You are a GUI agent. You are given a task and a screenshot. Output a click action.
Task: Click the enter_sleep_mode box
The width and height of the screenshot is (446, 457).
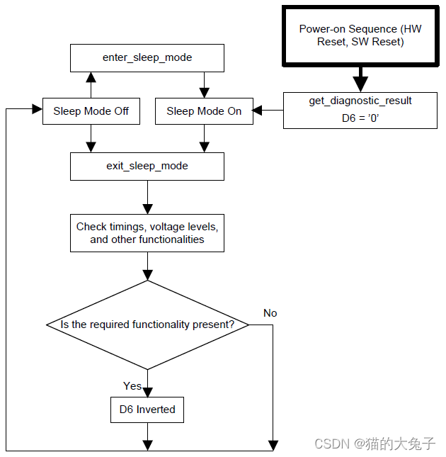pyautogui.click(x=147, y=57)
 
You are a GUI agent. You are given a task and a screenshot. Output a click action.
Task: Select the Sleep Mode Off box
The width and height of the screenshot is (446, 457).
pyautogui.click(x=91, y=111)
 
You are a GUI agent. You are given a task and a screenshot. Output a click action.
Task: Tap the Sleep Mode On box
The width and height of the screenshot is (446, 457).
pyautogui.click(x=204, y=111)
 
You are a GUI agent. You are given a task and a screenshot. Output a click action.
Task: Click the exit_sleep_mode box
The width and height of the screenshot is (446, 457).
pyautogui.click(x=147, y=166)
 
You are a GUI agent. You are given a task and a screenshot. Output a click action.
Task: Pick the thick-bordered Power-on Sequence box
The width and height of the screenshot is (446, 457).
pyautogui.click(x=361, y=35)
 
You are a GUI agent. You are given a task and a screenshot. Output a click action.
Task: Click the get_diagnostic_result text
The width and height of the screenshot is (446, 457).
pyautogui.click(x=360, y=101)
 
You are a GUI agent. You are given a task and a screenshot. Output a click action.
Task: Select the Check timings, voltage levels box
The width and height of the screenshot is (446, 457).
pyautogui.click(x=147, y=233)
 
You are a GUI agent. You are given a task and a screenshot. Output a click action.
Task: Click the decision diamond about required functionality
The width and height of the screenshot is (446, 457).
pyautogui.click(x=147, y=325)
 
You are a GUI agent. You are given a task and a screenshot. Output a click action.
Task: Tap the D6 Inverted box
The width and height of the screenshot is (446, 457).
pyautogui.click(x=147, y=410)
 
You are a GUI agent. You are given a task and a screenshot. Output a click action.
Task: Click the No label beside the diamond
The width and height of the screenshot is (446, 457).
pyautogui.click(x=270, y=313)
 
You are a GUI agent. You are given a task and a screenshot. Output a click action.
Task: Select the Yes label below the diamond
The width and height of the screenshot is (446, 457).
pyautogui.click(x=132, y=386)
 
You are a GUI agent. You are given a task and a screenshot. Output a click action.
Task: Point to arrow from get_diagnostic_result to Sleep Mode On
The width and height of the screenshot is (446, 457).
pyautogui.click(x=268, y=111)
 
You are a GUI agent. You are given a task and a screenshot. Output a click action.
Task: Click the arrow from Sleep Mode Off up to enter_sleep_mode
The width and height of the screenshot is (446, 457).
pyautogui.click(x=91, y=84)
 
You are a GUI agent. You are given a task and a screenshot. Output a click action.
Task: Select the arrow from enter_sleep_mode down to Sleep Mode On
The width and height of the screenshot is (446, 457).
pyautogui.click(x=204, y=84)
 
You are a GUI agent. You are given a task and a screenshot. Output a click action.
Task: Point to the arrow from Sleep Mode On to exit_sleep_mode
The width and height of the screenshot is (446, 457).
pyautogui.click(x=204, y=139)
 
